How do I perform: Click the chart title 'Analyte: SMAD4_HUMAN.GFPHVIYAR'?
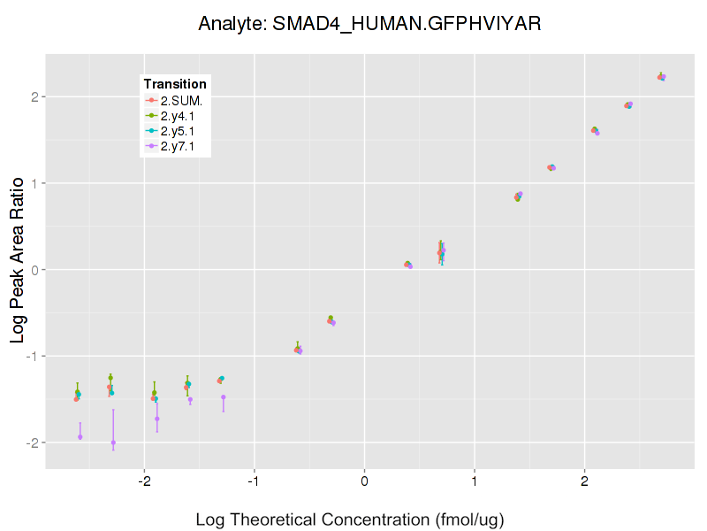[x=369, y=24]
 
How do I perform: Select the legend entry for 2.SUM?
[x=176, y=100]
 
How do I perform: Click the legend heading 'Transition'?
[x=175, y=84]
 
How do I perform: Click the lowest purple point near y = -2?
[x=113, y=442]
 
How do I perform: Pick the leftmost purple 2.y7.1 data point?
[x=80, y=436]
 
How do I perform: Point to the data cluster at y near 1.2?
[x=551, y=167]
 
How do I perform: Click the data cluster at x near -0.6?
[x=298, y=350]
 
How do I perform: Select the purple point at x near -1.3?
[x=223, y=397]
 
